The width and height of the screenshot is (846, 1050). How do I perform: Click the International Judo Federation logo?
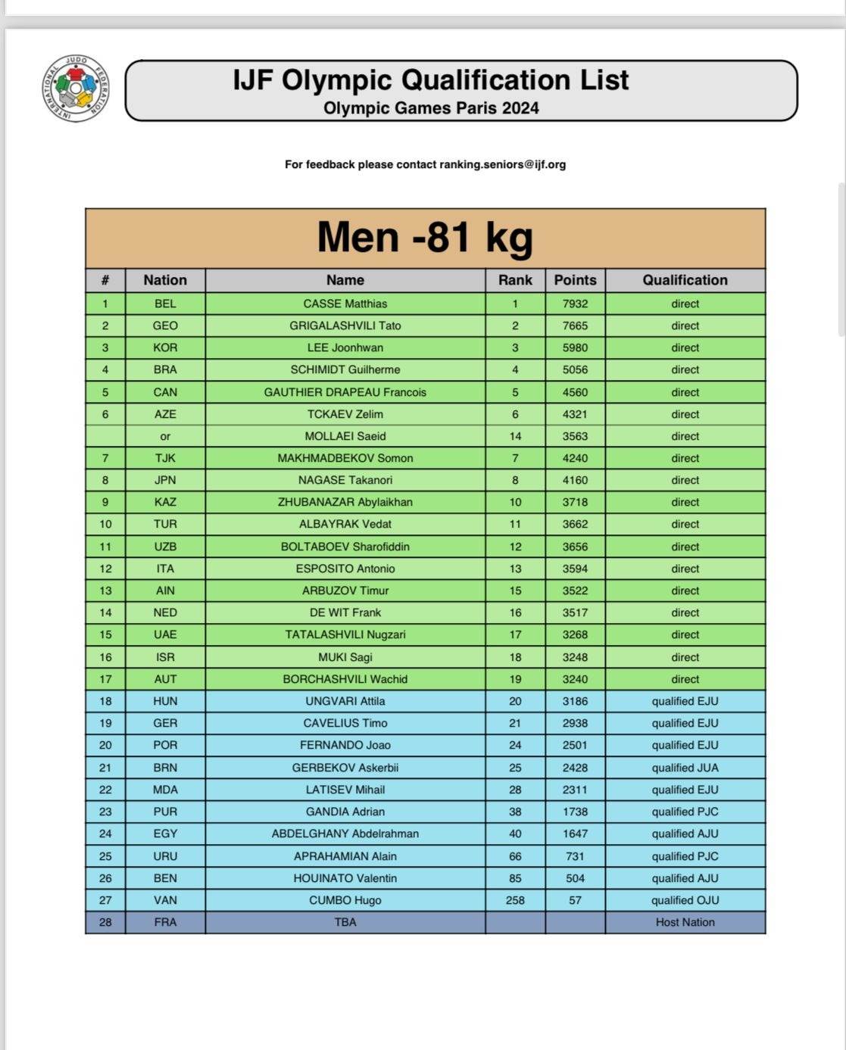pyautogui.click(x=75, y=89)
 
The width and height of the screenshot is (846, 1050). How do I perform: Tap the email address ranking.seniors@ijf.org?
pyautogui.click(x=502, y=164)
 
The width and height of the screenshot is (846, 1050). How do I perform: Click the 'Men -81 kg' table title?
pyautogui.click(x=425, y=237)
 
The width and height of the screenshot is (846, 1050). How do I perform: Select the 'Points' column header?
pyautogui.click(x=575, y=280)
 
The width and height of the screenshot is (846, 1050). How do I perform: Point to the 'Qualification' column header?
pyautogui.click(x=685, y=280)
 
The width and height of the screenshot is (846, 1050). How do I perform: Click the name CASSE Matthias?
pyautogui.click(x=345, y=304)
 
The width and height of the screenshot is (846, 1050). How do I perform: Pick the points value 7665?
pyautogui.click(x=575, y=326)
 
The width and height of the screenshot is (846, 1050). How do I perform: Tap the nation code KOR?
pyautogui.click(x=165, y=347)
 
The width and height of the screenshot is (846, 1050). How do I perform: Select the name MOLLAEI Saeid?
pyautogui.click(x=345, y=436)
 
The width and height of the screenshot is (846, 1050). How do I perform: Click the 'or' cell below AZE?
pyautogui.click(x=165, y=436)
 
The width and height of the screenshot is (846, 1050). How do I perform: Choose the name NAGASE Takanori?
pyautogui.click(x=345, y=480)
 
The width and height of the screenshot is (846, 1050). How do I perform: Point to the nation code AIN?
pyautogui.click(x=165, y=590)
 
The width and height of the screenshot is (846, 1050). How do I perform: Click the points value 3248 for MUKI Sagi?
pyautogui.click(x=575, y=657)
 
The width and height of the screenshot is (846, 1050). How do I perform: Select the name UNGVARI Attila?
pyautogui.click(x=345, y=701)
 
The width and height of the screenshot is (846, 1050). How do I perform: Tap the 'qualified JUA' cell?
pyautogui.click(x=685, y=768)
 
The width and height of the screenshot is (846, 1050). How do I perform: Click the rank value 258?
pyautogui.click(x=515, y=900)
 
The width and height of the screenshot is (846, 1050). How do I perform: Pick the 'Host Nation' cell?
pyautogui.click(x=685, y=922)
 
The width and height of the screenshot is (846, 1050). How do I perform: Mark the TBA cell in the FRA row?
pyautogui.click(x=345, y=922)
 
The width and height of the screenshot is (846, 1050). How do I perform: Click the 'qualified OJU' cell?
pyautogui.click(x=685, y=900)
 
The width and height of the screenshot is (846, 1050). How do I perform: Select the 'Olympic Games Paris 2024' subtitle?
pyautogui.click(x=431, y=108)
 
